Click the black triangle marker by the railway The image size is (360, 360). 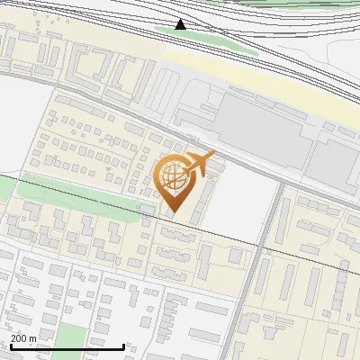click(181, 24)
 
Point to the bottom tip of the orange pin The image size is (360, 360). click(173, 212)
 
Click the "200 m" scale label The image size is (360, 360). click(23, 338)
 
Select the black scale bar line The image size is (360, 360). click(67, 346)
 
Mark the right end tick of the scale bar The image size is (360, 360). click(123, 346)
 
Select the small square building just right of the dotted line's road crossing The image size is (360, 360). click(235, 256)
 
